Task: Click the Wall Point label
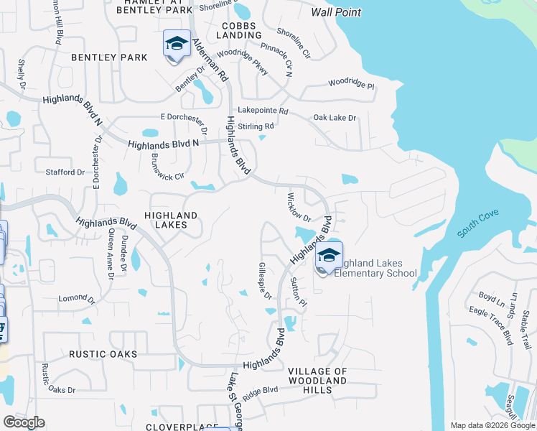(x=336, y=12)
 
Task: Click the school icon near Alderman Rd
(x=177, y=45)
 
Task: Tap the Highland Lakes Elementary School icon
(x=329, y=256)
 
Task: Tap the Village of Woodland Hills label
(x=317, y=380)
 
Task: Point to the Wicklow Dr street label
(x=298, y=207)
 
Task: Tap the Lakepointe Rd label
(x=263, y=111)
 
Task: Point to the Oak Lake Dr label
(x=335, y=117)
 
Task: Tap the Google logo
(x=24, y=422)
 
